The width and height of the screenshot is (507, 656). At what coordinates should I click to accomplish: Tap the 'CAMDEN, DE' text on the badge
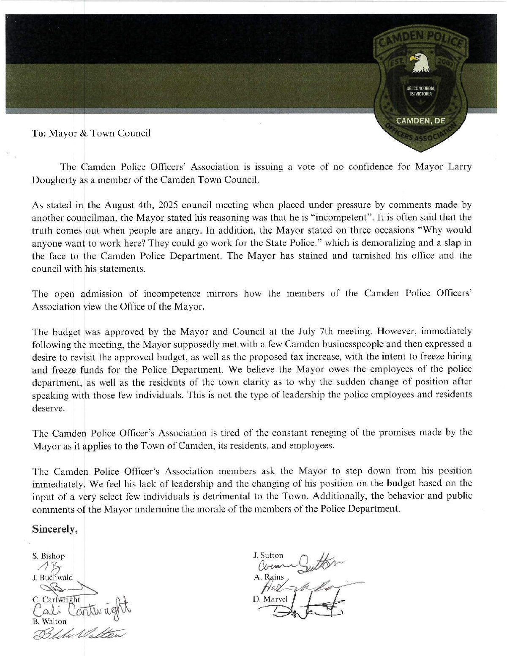pyautogui.click(x=420, y=121)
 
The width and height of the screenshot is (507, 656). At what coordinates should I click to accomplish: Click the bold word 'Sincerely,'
pyautogui.click(x=55, y=529)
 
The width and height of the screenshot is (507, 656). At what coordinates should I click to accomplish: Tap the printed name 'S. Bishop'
pyautogui.click(x=49, y=556)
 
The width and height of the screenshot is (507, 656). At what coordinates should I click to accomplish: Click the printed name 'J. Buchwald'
pyautogui.click(x=52, y=577)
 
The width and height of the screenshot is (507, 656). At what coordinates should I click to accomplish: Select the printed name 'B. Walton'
pyautogui.click(x=49, y=621)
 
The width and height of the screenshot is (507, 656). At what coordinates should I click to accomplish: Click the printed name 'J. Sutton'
pyautogui.click(x=268, y=555)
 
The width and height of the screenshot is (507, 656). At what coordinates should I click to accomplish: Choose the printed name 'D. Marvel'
pyautogui.click(x=270, y=599)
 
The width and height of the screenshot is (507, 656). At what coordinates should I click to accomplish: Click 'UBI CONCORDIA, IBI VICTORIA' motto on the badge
pyautogui.click(x=420, y=90)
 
